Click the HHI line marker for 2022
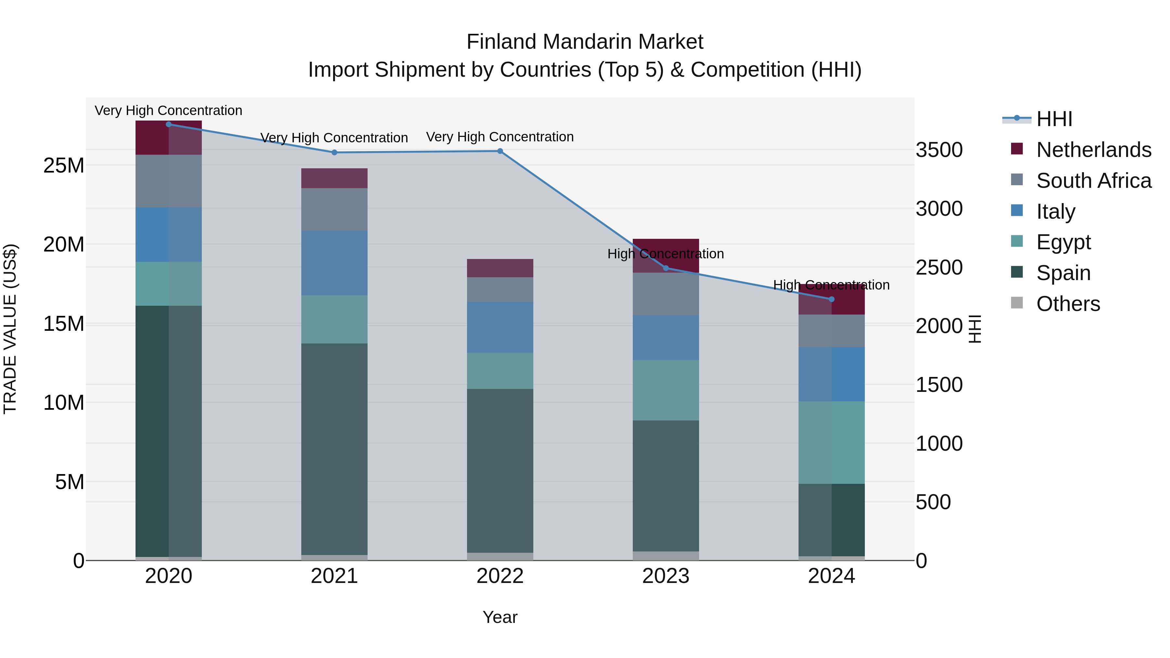[500, 151]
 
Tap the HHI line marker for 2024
[832, 299]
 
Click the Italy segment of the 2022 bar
[500, 328]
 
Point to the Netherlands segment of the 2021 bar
[334, 178]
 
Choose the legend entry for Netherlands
[1094, 150]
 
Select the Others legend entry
[1068, 304]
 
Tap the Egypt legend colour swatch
[1017, 241]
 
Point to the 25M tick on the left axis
[64, 166]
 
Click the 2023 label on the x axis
[666, 576]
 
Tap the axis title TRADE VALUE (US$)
[10, 329]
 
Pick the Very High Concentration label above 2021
[334, 137]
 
